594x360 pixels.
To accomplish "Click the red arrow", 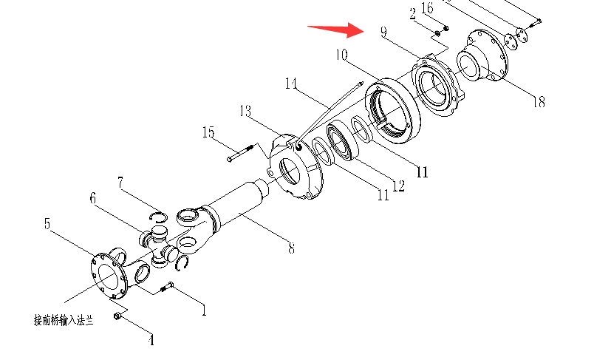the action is pos(335,30).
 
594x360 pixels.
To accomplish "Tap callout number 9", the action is pos(383,32).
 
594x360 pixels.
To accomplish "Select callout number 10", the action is pos(341,55).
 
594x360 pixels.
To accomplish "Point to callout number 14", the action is pos(291,84).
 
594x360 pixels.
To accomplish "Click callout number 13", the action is pos(245,112).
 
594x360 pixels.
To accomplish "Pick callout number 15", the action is pos(208,132).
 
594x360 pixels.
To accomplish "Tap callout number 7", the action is pos(120,183).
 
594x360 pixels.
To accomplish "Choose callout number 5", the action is pos(47,223).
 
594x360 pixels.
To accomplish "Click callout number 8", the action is pos(291,248).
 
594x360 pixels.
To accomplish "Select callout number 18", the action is pos(539,102).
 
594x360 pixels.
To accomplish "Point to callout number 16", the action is pos(427,8).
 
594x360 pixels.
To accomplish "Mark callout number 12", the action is pos(398,186).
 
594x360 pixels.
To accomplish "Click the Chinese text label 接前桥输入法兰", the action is pos(64,321).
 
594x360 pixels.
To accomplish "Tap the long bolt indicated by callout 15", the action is pos(240,153).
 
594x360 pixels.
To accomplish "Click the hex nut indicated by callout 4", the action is pos(117,316).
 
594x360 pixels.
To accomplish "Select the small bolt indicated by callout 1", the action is pos(167,287).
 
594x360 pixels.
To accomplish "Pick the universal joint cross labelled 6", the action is pos(158,245).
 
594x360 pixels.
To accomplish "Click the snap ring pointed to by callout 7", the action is pos(158,217).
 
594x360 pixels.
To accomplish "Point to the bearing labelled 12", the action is pos(343,141).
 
